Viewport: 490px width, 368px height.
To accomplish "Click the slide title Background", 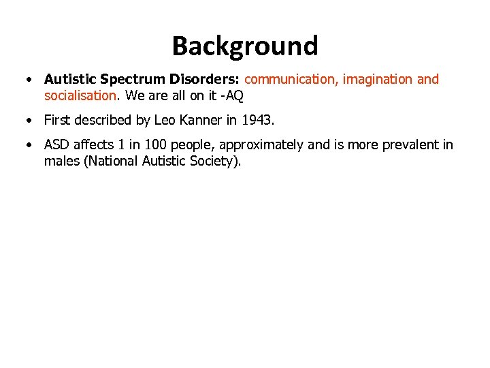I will pos(245,46).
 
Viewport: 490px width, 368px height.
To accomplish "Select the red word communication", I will pos(291,80).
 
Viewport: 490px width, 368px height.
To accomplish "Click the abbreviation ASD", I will pos(58,145).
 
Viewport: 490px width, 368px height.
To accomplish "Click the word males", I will pos(62,162).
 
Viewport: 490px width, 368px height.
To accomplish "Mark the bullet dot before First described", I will pos(29,121).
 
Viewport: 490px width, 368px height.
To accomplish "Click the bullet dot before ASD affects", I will pos(29,145).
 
